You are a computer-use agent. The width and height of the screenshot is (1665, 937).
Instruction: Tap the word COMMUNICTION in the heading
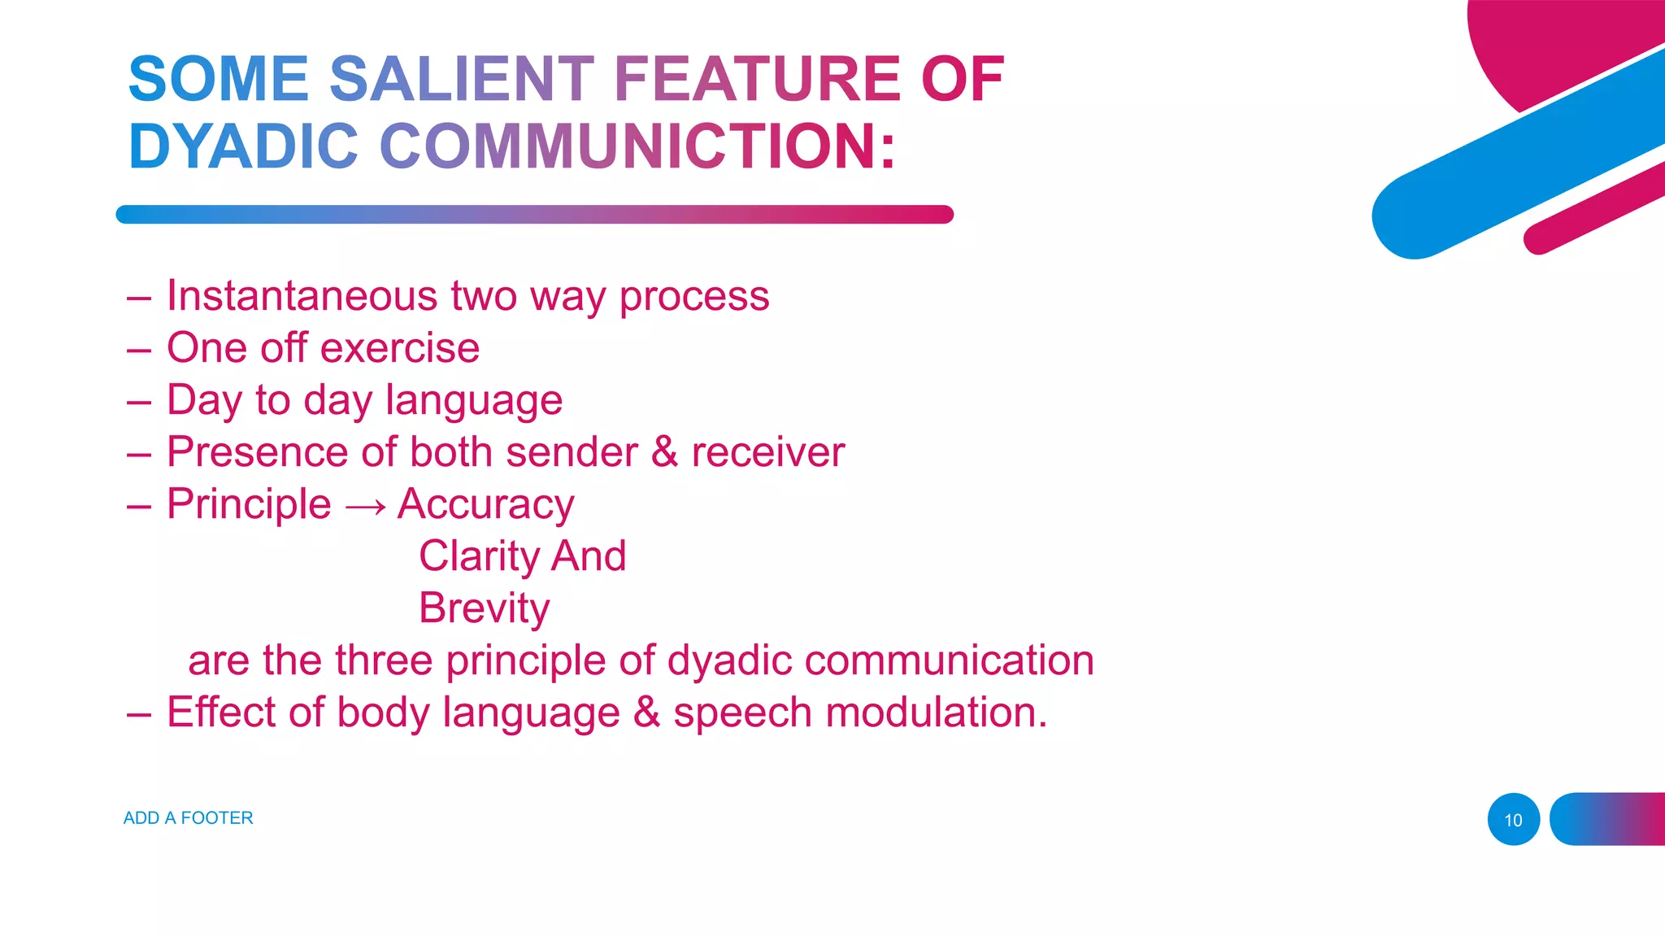click(x=637, y=147)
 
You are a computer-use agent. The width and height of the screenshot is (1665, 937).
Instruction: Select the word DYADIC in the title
click(x=243, y=147)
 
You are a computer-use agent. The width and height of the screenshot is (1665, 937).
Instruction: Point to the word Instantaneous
click(x=302, y=295)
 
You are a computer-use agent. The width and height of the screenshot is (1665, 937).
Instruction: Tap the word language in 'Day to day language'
click(x=474, y=401)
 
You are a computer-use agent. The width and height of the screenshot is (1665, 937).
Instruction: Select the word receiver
click(x=767, y=452)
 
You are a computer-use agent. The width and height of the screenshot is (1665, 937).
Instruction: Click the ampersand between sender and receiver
click(x=664, y=452)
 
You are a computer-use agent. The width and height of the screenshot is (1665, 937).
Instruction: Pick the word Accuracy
click(x=485, y=505)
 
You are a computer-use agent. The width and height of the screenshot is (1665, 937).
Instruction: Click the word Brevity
click(x=484, y=608)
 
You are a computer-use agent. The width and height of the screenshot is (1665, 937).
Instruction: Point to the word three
click(x=383, y=660)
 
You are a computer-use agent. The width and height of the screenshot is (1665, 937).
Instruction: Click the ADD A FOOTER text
click(x=188, y=818)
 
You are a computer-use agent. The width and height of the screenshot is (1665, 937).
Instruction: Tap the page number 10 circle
click(x=1513, y=820)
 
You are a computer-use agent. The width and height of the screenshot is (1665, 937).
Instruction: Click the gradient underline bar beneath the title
click(x=534, y=215)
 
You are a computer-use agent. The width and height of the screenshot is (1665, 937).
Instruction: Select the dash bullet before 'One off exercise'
click(x=139, y=351)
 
